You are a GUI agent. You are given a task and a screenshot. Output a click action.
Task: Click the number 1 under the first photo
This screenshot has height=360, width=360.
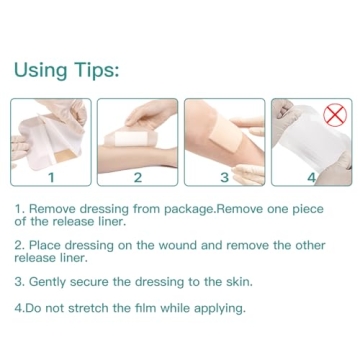[x=51, y=177]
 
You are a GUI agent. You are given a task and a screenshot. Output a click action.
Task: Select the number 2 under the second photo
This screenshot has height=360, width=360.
[x=137, y=177]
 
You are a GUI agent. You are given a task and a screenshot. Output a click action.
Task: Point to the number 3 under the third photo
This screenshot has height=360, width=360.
[x=224, y=177]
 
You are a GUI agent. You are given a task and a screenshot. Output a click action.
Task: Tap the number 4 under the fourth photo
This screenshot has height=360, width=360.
[x=310, y=177]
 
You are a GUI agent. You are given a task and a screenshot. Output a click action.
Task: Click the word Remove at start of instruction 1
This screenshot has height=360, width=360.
[x=54, y=208]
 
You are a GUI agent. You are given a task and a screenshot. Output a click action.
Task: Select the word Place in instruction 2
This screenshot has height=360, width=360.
[x=47, y=245]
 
